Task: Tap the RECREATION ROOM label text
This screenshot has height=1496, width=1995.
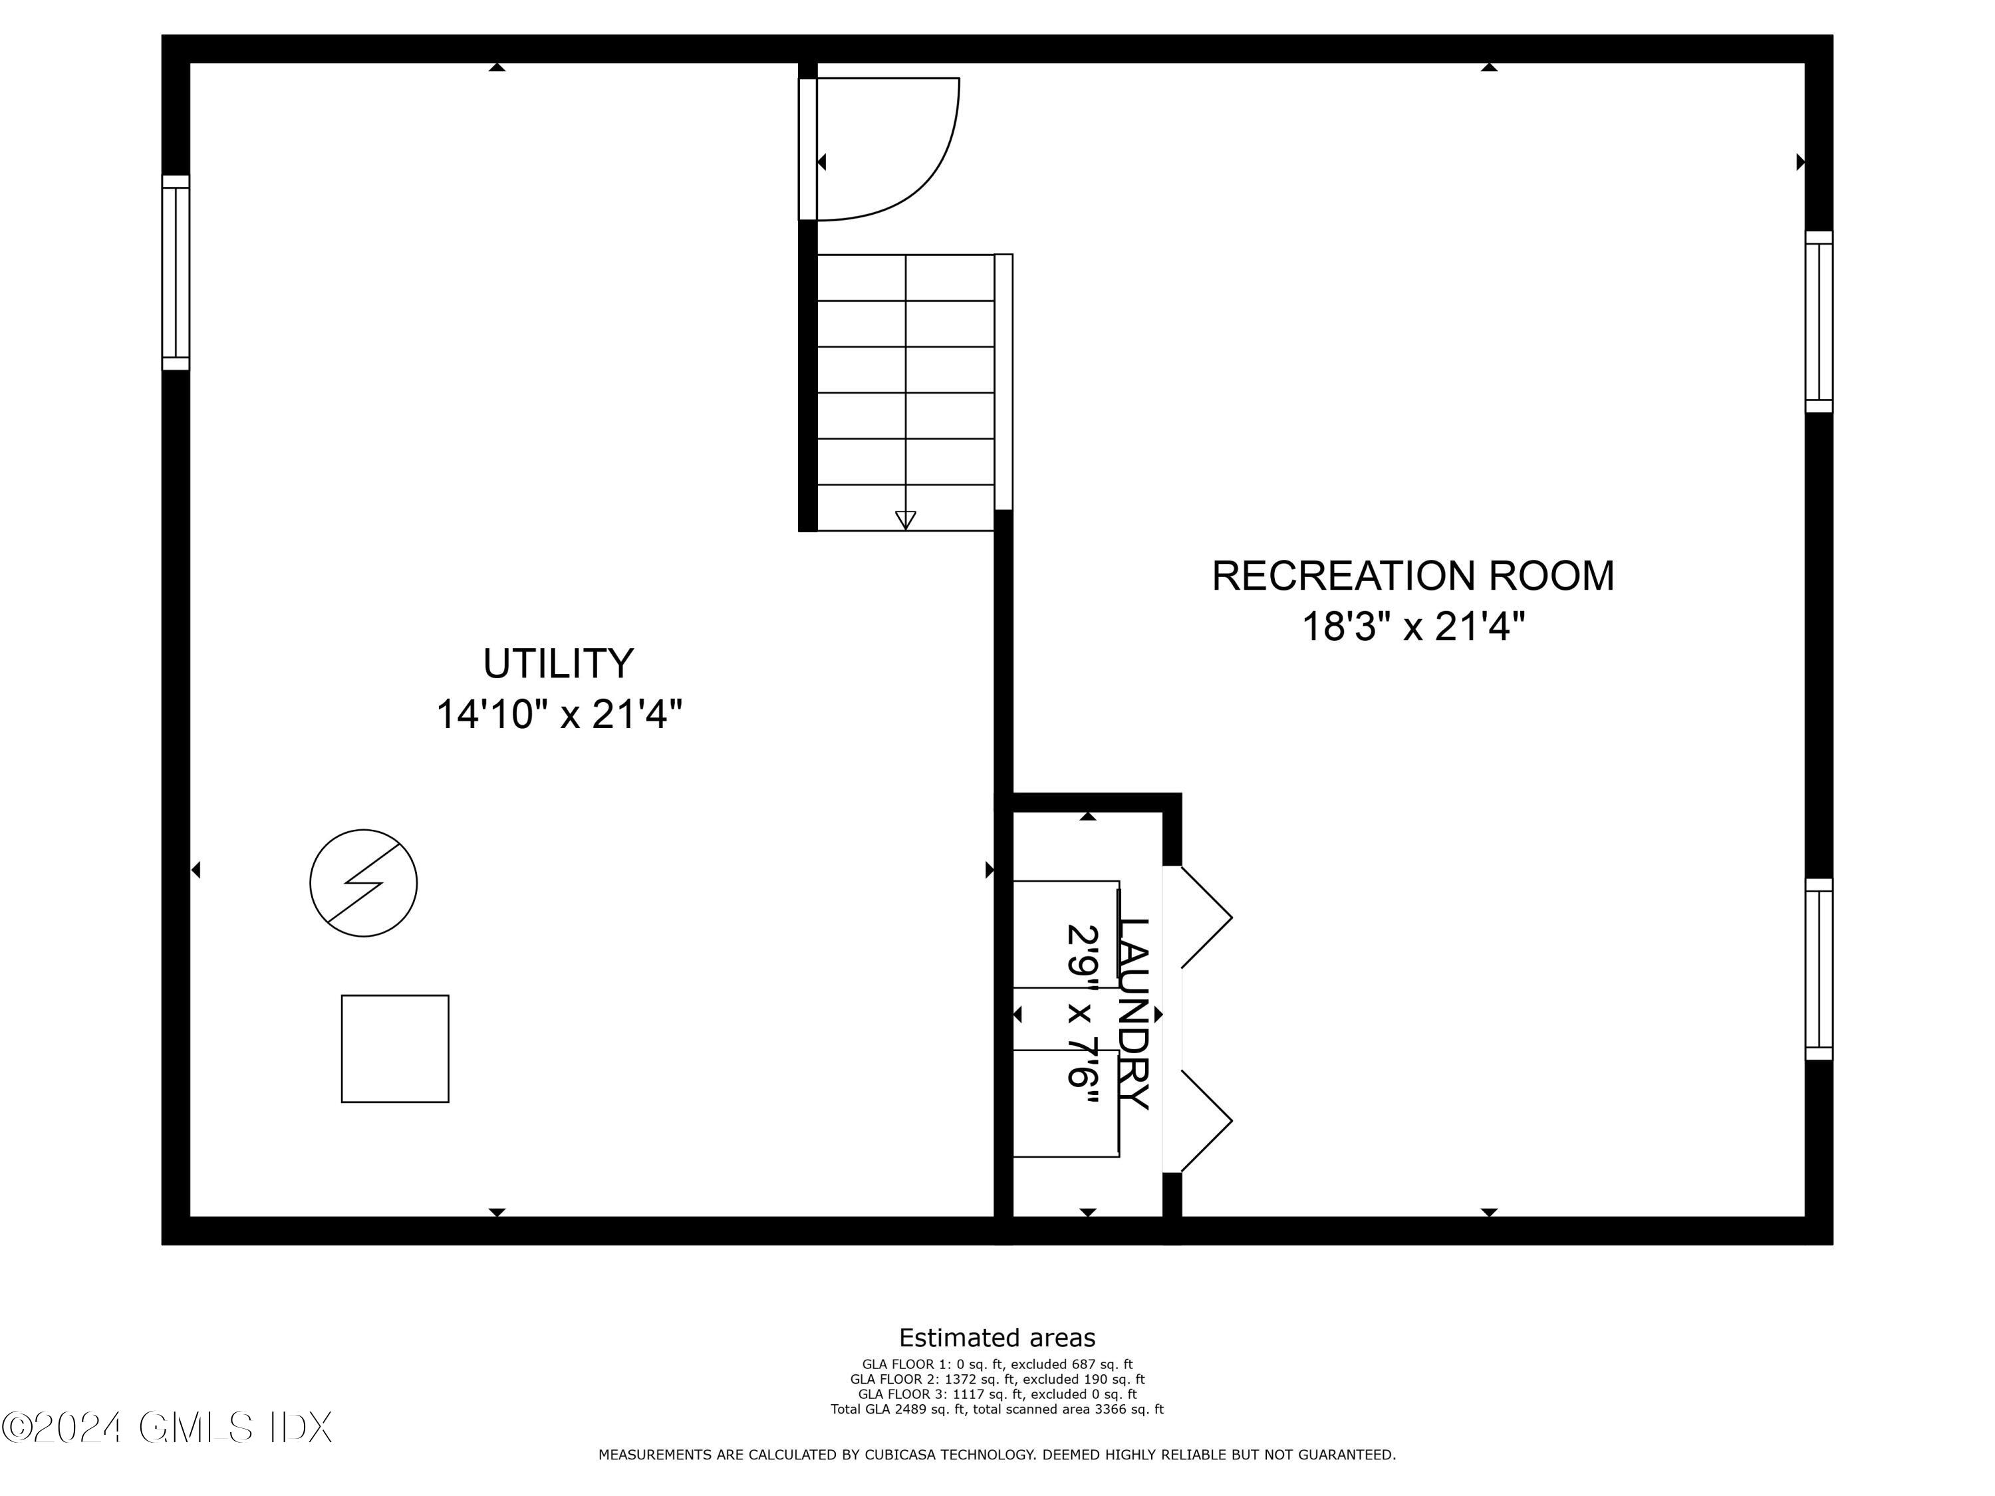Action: pyautogui.click(x=1412, y=576)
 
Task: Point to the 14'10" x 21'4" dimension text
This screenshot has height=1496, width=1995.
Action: pyautogui.click(x=559, y=715)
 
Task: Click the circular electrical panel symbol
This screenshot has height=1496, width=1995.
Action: pyautogui.click(x=364, y=883)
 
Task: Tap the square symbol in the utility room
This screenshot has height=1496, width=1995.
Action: pyautogui.click(x=395, y=1049)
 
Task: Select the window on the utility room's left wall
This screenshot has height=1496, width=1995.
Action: pyautogui.click(x=176, y=273)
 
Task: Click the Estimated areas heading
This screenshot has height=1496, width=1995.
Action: pyautogui.click(x=997, y=1337)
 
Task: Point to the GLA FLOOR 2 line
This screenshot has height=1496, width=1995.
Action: pyautogui.click(x=997, y=1379)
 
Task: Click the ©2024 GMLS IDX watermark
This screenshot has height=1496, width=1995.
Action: pyautogui.click(x=168, y=1428)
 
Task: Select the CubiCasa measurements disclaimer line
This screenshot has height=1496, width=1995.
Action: pyautogui.click(x=997, y=1455)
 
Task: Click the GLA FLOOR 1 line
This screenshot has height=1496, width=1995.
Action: pyautogui.click(x=997, y=1364)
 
